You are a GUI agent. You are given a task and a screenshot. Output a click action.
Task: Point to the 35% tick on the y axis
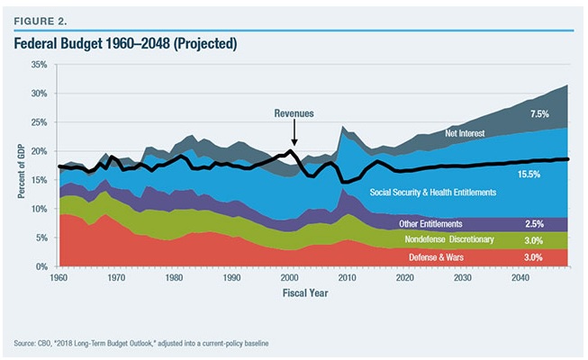[40, 65]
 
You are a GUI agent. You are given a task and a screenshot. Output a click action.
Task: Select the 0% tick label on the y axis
[42, 267]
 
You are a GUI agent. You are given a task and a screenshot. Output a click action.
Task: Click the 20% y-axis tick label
[40, 151]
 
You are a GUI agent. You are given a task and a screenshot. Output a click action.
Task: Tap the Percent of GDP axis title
[21, 166]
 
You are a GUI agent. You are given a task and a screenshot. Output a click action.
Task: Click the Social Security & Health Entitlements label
[434, 193]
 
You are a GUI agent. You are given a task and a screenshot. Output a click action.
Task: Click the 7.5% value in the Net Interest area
[538, 115]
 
